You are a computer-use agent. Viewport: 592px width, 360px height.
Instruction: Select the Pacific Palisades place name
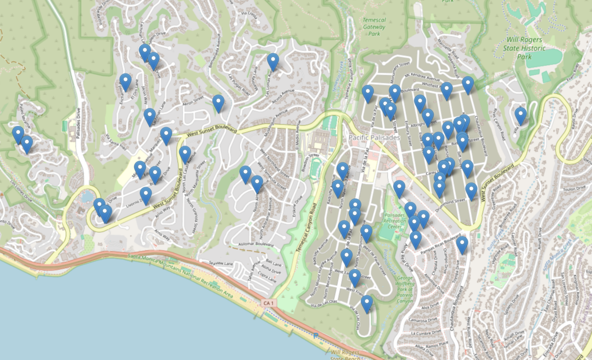pyautogui.click(x=374, y=138)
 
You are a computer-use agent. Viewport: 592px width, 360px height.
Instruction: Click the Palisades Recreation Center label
pyautogui.click(x=396, y=220)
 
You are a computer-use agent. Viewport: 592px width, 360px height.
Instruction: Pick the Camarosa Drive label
pyautogui.click(x=425, y=319)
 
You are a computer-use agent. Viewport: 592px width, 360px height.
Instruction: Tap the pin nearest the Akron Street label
pyautogui.click(x=218, y=103)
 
